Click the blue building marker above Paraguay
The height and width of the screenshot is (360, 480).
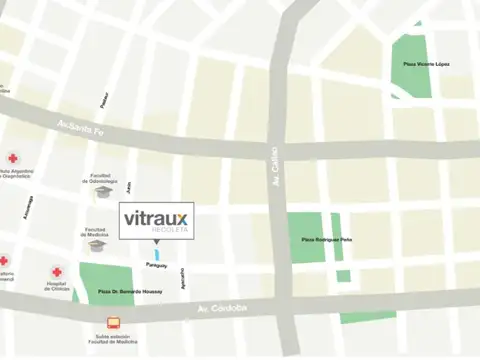pos(156,255)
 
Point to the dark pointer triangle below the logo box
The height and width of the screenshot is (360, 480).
pos(155,243)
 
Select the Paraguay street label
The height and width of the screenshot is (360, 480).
pos(157,265)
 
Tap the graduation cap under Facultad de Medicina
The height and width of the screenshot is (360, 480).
pos(97,245)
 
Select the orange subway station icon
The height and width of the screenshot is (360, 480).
pos(113,323)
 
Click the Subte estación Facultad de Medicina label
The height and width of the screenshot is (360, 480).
pos(113,340)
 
